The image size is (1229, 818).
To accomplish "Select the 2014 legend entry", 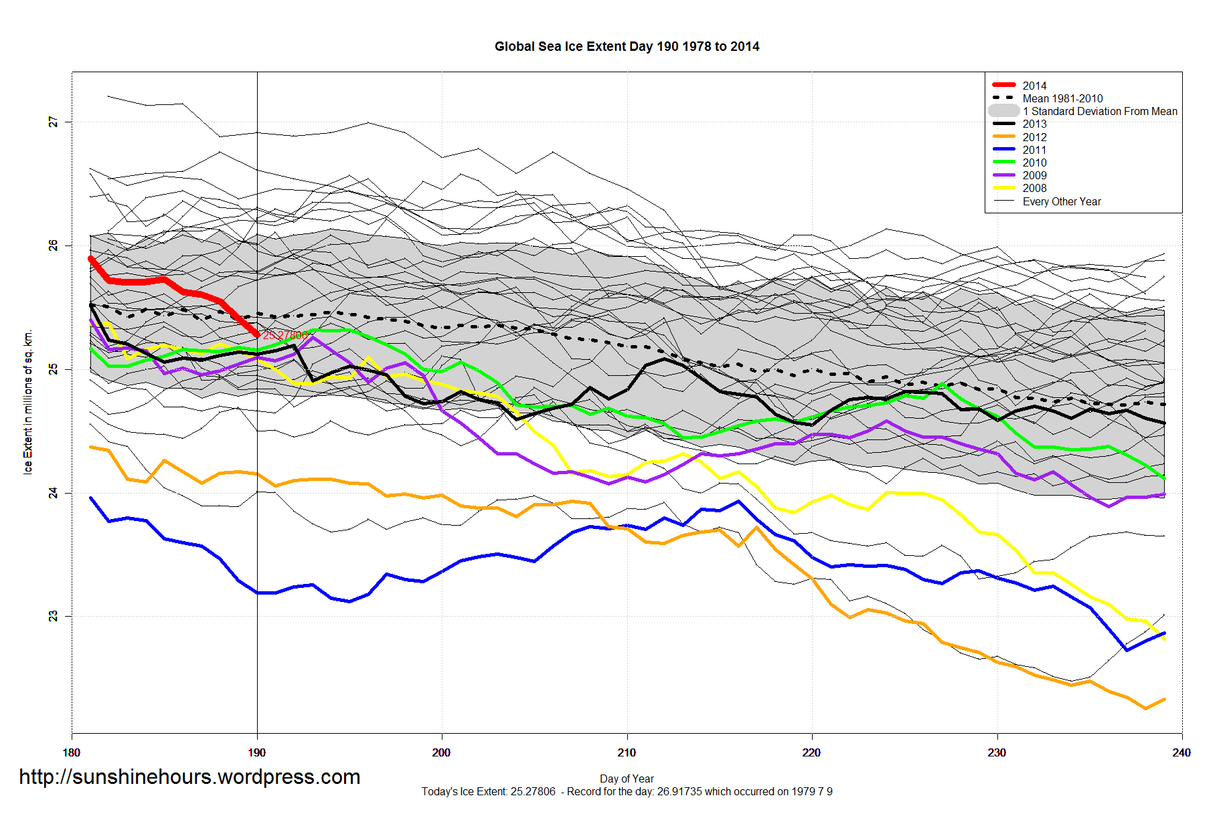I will [x=1034, y=86].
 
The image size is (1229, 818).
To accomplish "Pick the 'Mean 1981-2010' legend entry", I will [x=1062, y=98].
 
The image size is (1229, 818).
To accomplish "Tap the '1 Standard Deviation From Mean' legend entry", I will [x=1100, y=111].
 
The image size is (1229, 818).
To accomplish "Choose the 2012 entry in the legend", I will [x=1034, y=137].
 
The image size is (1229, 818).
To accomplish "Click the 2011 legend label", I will [x=1034, y=150].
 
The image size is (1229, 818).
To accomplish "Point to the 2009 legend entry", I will [x=1034, y=175].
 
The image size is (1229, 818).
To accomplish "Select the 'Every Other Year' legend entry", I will [x=1062, y=201].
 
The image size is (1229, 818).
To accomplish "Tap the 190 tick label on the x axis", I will [x=256, y=752].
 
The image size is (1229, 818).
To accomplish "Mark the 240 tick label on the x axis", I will [x=1181, y=752].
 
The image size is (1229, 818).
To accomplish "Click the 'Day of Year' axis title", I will [x=627, y=779].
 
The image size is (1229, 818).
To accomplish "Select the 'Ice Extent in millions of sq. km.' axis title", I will [x=28, y=402].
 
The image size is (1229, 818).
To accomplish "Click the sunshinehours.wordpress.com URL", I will [x=189, y=777].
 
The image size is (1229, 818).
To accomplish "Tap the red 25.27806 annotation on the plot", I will [x=285, y=335].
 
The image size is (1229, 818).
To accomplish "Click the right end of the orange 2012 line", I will [x=1165, y=700].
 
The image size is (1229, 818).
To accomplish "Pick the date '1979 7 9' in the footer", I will [x=811, y=792].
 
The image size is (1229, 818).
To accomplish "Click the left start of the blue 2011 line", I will [x=91, y=498].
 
